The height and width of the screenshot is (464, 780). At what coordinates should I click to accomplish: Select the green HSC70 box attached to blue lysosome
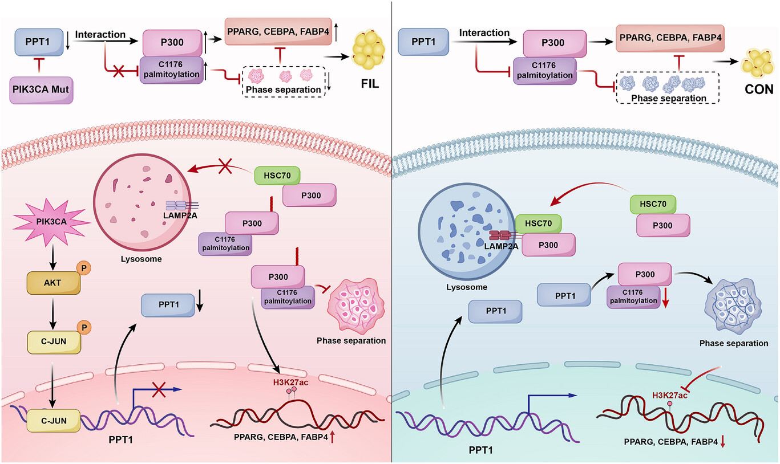click(537, 225)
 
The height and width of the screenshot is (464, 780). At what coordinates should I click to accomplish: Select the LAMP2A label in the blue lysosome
click(502, 245)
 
